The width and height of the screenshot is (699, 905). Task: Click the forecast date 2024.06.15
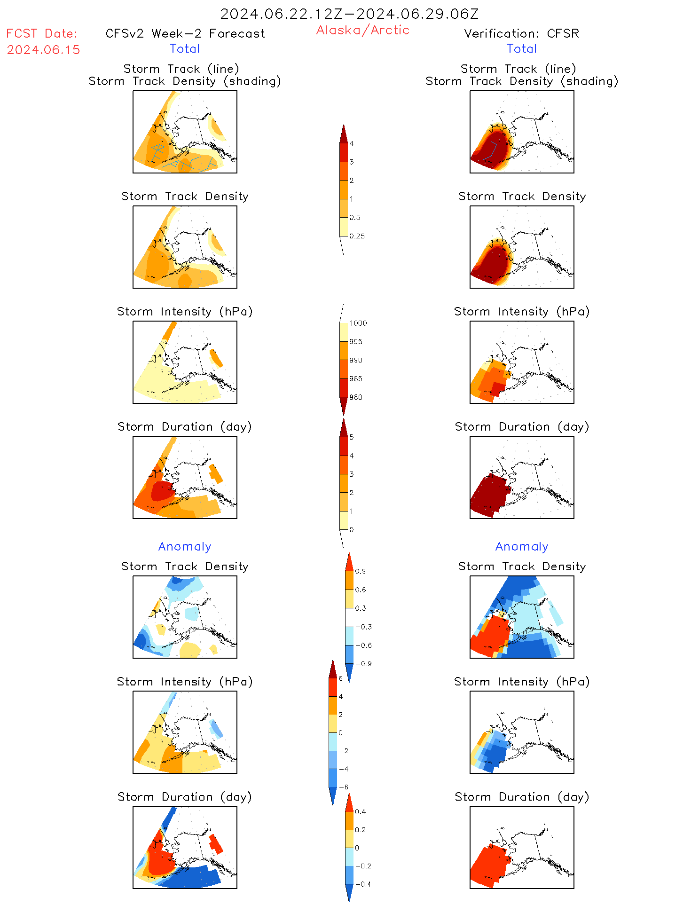click(x=43, y=50)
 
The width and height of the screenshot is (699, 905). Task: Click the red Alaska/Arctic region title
click(x=362, y=30)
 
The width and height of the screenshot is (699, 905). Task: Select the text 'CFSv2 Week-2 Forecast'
click(x=185, y=33)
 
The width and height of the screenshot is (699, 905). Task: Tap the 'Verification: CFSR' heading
click(x=521, y=33)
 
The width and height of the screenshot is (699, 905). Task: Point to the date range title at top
click(x=349, y=14)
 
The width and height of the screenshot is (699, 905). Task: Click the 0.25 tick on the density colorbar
click(x=357, y=236)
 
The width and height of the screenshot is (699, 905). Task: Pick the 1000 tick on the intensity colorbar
click(x=358, y=323)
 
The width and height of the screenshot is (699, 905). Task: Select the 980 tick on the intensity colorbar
click(x=356, y=397)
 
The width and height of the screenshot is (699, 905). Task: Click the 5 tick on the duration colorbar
click(x=352, y=437)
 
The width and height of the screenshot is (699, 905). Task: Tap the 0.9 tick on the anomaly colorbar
click(x=360, y=572)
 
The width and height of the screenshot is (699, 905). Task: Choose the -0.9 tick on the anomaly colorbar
click(x=363, y=664)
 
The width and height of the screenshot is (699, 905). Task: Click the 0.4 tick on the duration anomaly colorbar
click(x=360, y=812)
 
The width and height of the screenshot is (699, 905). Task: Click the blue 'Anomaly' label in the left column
click(x=185, y=547)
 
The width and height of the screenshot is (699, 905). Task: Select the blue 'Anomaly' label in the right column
click(x=522, y=547)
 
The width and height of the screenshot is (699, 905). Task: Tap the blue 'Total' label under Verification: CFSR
click(x=522, y=49)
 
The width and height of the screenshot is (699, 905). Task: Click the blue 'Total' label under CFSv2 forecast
click(x=185, y=49)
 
